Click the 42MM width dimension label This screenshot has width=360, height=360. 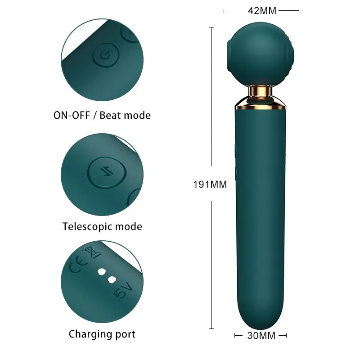[x=261, y=10]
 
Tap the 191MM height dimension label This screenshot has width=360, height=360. [x=210, y=184]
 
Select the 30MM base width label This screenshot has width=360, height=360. [x=261, y=335]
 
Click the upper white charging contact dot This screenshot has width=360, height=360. [x=102, y=271]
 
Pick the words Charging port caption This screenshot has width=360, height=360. [x=102, y=334]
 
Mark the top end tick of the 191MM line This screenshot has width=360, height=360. [x=211, y=27]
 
